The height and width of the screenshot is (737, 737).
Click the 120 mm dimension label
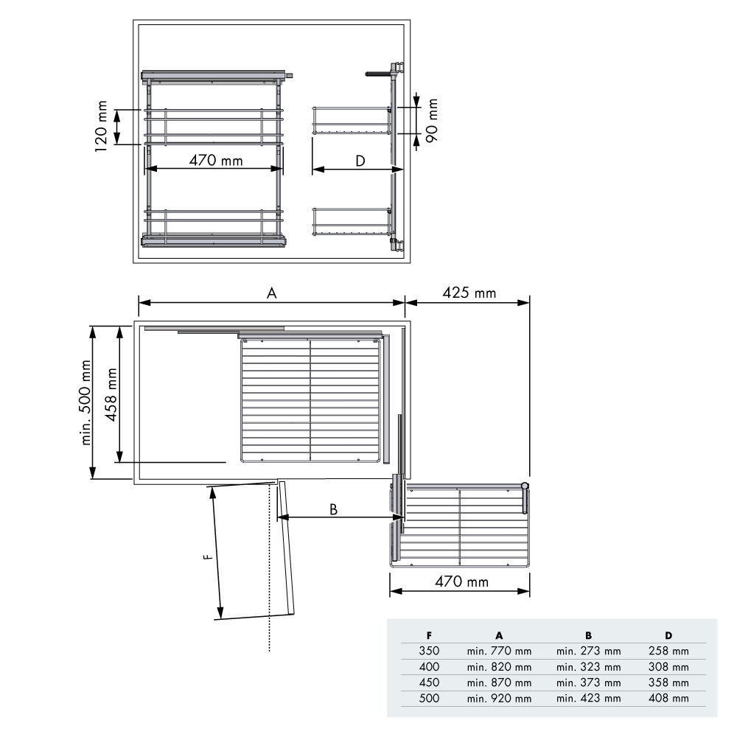pos(102,126)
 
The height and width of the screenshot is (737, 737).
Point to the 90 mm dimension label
pos(431,120)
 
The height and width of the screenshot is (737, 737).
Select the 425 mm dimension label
pos(469,293)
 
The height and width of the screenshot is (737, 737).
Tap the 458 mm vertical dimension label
pos(111,394)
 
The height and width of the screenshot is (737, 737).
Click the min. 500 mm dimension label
pos(85,402)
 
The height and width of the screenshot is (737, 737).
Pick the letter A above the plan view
pos(272,293)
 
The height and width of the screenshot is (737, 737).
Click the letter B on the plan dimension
pos(333,509)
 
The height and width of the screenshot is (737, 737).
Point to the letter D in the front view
pos(360,161)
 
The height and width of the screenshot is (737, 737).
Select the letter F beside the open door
pos(207,557)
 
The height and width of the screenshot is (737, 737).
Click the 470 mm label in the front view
pos(216,160)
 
